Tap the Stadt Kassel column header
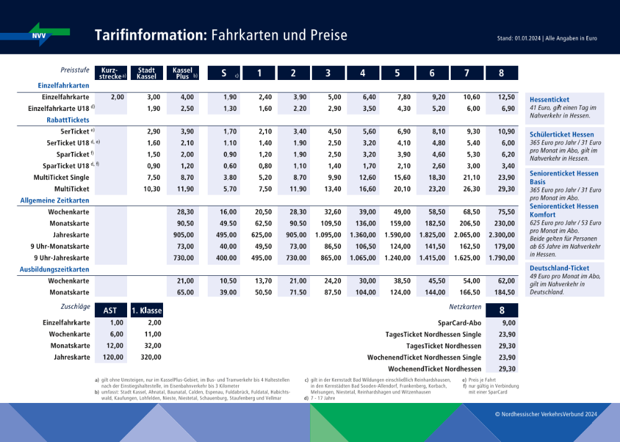tap(146, 73)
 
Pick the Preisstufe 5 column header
tap(397, 73)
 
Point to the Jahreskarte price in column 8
tap(502, 235)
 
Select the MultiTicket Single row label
tap(61, 178)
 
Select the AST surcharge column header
tap(110, 310)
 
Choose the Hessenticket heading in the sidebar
tap(549, 100)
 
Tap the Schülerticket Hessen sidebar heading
tap(562, 135)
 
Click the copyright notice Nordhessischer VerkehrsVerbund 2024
tap(546, 413)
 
